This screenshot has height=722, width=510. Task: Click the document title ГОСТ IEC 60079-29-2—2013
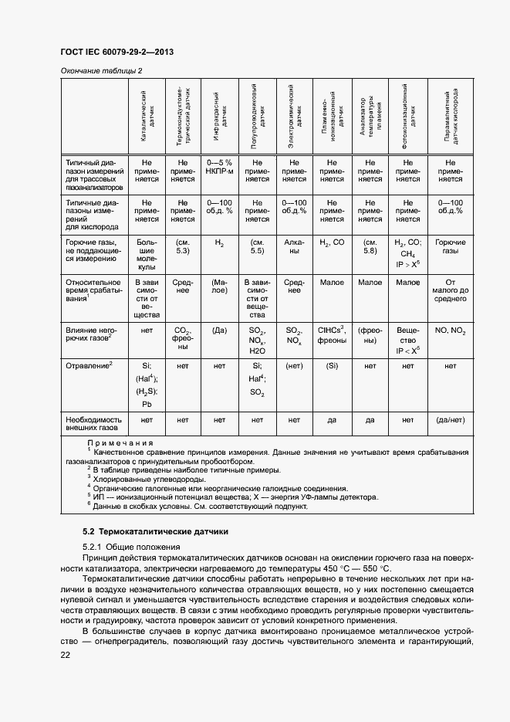116,52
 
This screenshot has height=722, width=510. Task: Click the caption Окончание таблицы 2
101,71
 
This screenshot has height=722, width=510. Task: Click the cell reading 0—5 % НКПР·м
220,168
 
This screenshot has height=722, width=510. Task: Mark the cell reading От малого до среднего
450,290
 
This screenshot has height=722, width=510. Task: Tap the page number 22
65,655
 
